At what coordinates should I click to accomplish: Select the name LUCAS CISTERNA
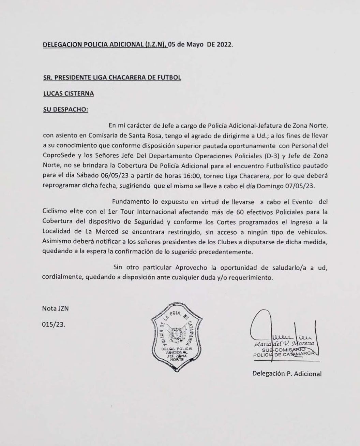pos(69,93)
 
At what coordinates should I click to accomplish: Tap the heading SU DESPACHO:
pos(65,110)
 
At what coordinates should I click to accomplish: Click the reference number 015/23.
pos(54,325)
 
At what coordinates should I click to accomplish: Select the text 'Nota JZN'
pos(55,308)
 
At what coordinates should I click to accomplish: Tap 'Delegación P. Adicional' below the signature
pos(287,374)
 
